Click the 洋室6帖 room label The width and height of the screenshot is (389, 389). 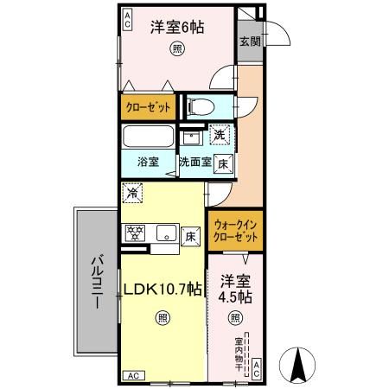177,28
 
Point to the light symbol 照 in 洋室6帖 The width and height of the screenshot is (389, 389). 176,49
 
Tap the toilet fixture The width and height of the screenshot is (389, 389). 195,107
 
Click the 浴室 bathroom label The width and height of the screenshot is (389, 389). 148,162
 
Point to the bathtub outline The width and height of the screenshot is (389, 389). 148,138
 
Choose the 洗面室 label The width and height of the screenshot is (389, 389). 195,162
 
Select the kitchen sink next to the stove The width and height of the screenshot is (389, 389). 163,233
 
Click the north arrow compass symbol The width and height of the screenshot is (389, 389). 299,363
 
